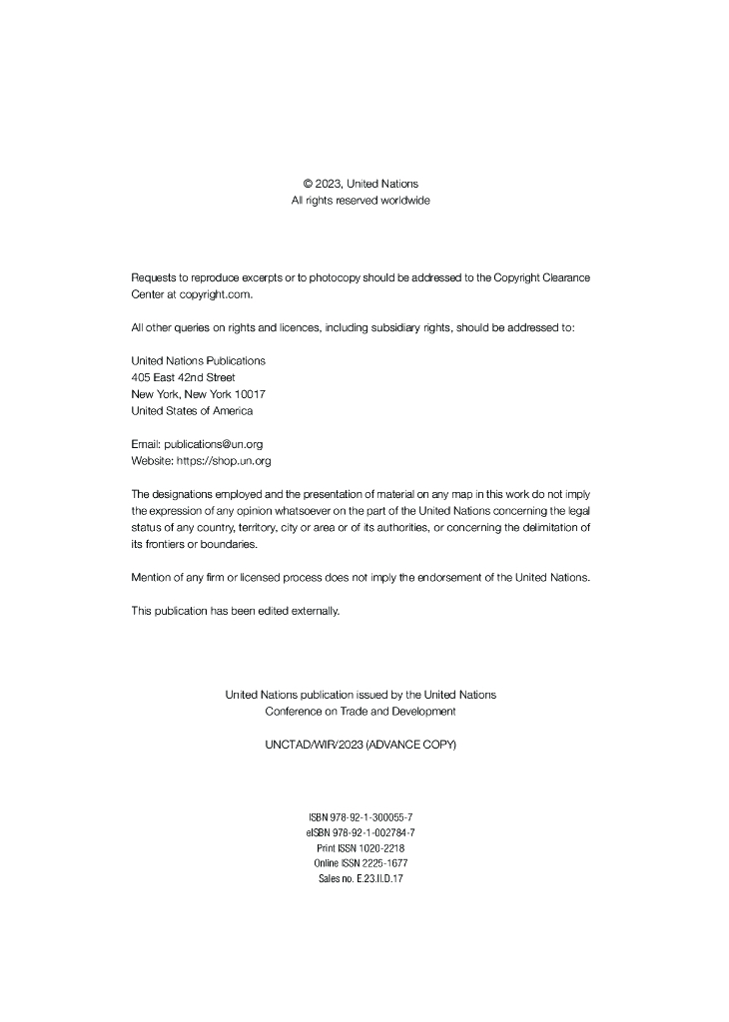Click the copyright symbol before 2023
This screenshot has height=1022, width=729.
[x=308, y=184]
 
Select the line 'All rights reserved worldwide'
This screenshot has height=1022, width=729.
[x=361, y=201]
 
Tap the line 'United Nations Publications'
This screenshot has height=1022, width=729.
[x=198, y=360]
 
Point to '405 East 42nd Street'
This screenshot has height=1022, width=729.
[x=183, y=377]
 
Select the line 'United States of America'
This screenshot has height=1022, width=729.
[x=192, y=410]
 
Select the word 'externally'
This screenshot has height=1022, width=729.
[x=315, y=611]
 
